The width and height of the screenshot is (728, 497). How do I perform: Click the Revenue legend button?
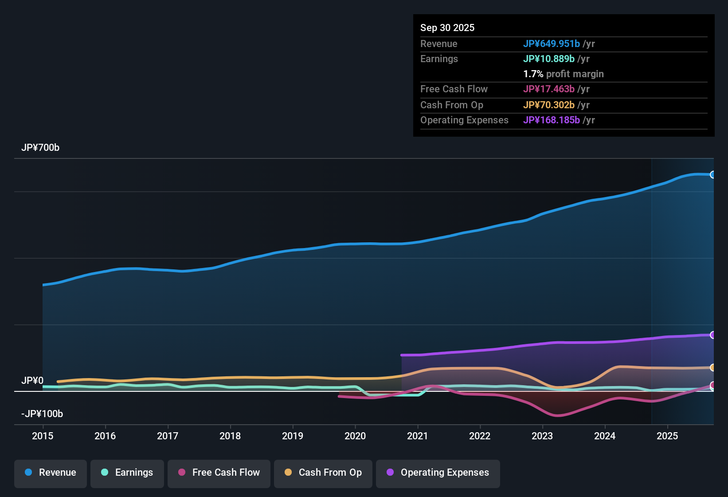point(51,473)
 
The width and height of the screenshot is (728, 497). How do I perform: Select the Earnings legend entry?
point(127,473)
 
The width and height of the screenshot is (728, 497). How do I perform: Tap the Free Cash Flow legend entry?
point(219,473)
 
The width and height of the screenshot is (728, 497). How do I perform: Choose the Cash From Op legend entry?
point(323,473)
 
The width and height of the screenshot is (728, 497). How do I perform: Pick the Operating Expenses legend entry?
point(438,473)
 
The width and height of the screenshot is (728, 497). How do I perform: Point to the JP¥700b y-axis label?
point(40,148)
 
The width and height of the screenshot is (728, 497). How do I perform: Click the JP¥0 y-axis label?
point(32,381)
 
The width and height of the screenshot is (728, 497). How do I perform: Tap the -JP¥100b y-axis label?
point(42,414)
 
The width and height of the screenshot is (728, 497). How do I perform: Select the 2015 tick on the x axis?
point(43,436)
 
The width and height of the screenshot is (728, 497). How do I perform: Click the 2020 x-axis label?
point(355,436)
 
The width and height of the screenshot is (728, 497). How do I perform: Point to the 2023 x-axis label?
point(542,436)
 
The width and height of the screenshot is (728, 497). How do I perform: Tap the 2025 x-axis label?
point(667,436)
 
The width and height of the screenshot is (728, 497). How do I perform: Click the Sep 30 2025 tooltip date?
point(447,28)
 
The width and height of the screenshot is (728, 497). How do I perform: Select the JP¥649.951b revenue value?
point(552,44)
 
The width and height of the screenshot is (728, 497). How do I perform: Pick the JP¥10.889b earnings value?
point(549,59)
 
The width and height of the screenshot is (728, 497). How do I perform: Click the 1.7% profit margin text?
point(564,74)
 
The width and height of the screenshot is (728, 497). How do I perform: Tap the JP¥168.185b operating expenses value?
point(552,120)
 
